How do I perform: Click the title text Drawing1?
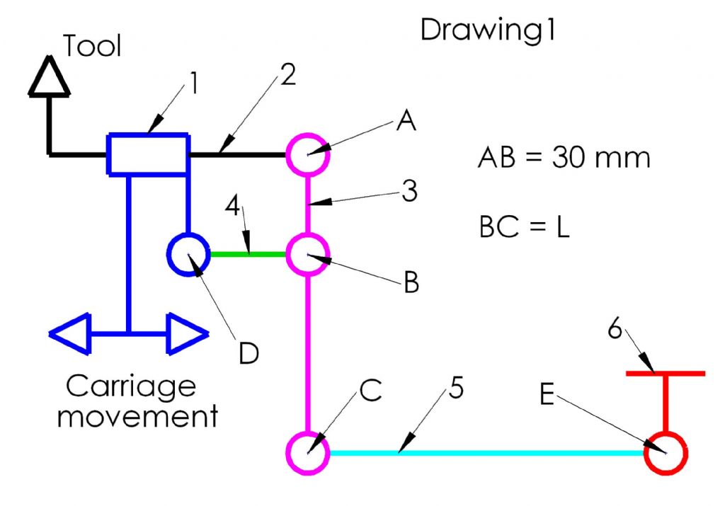tap(488, 31)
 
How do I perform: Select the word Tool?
tap(93, 46)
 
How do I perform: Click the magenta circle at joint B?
tap(307, 234)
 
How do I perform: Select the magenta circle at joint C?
tap(307, 433)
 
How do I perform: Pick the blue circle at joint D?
tap(188, 234)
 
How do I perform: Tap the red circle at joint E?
tap(666, 433)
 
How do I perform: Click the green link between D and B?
tap(248, 254)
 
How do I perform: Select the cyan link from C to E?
tap(487, 453)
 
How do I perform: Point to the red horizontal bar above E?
tap(666, 374)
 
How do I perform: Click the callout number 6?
tap(615, 328)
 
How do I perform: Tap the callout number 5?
tap(456, 387)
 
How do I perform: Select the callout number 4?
tap(232, 205)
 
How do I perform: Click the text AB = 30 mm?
tap(564, 157)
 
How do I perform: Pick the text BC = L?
tap(525, 226)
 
